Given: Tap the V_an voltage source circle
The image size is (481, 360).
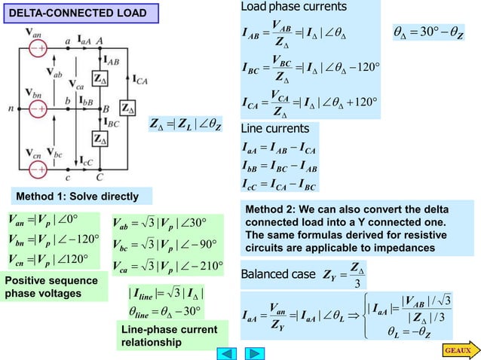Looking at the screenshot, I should pos(35,50).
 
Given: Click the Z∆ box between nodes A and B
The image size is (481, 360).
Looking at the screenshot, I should pos(99,78).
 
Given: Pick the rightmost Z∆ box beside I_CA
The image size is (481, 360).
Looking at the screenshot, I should pos(129,106).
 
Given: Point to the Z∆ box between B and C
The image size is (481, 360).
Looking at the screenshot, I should pos(99,139).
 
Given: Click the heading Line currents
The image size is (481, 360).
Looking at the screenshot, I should pos(274,129).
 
